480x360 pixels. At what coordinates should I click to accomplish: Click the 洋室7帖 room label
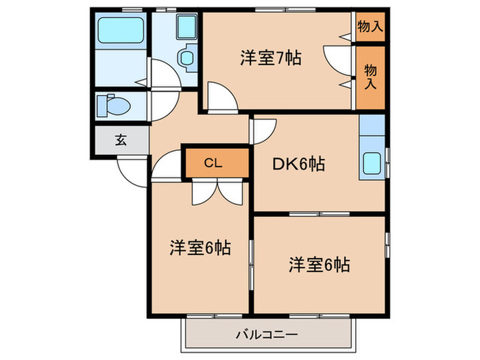[271, 58]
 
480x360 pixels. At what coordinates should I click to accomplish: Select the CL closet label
[213, 163]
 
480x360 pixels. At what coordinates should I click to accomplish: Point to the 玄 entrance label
[121, 141]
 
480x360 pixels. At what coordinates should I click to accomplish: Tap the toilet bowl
[110, 106]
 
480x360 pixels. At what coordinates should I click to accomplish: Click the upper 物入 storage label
[370, 27]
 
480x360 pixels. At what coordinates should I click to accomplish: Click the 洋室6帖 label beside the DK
[319, 264]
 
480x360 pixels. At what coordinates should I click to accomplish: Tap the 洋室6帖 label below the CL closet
[200, 248]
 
